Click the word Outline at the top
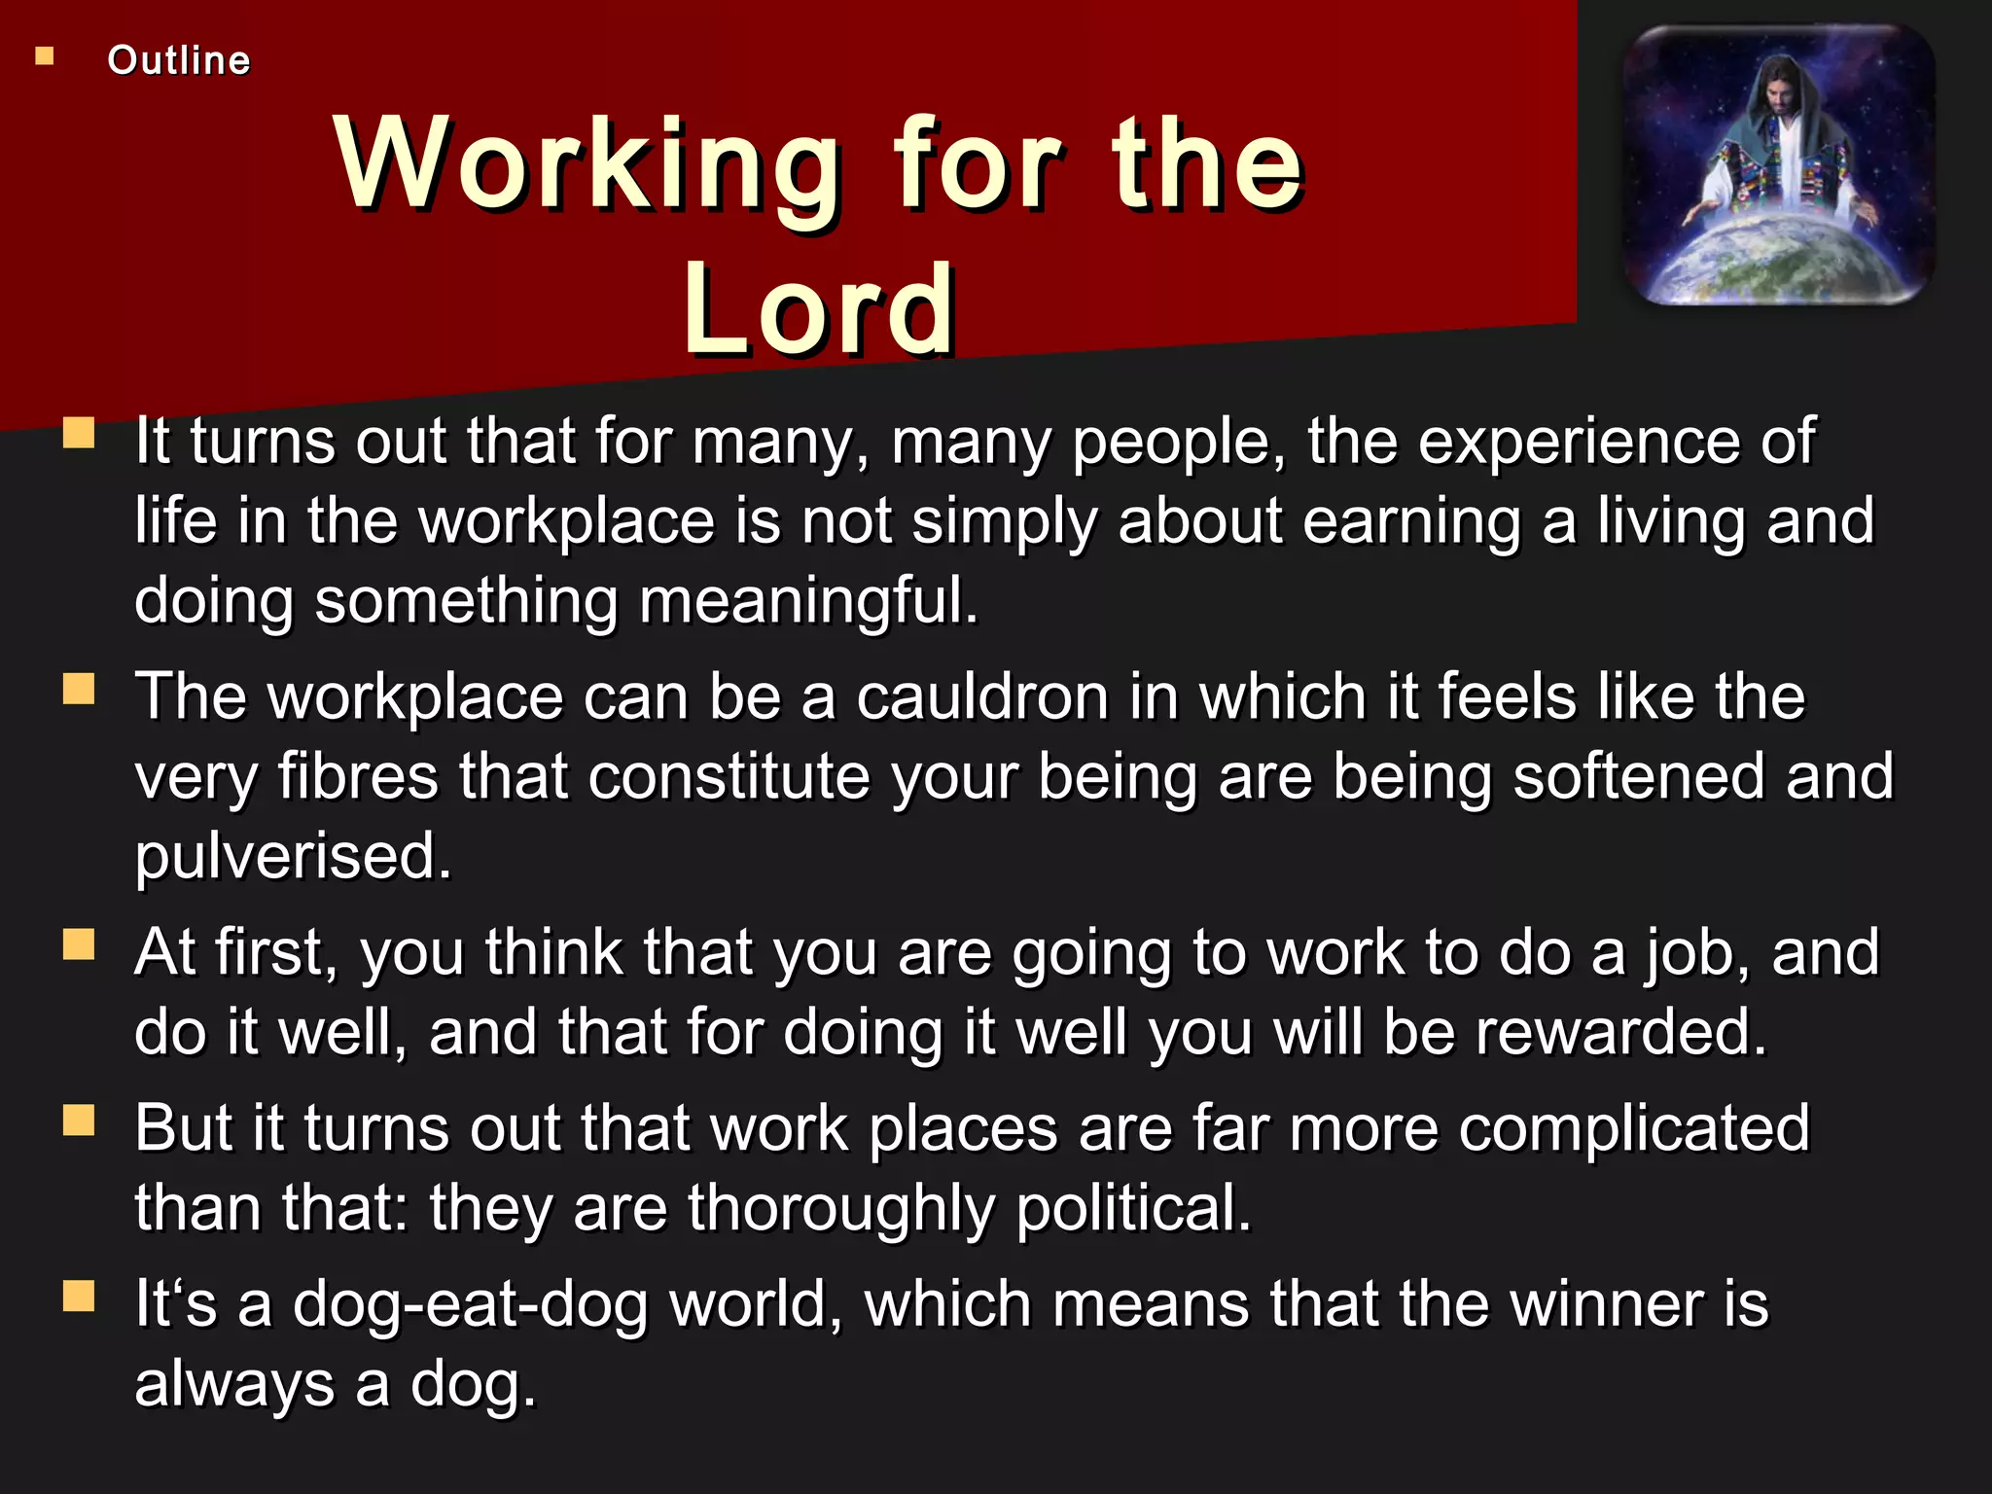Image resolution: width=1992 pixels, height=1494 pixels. (x=179, y=60)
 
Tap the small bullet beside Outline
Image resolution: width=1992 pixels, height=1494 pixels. (x=45, y=56)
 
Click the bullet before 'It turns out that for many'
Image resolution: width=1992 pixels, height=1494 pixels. (x=79, y=433)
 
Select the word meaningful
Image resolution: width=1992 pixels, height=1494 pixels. (x=807, y=600)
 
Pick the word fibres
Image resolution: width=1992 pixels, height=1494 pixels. (x=358, y=777)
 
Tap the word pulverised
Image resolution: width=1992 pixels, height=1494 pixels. (x=293, y=857)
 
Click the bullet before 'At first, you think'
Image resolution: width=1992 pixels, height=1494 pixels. (x=79, y=943)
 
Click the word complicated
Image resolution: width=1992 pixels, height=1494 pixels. (x=1634, y=1129)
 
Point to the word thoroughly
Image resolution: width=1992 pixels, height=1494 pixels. (x=842, y=1209)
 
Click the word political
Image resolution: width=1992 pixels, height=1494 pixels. (x=1133, y=1209)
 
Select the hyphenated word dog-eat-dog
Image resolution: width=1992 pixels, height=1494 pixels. (x=471, y=1306)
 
